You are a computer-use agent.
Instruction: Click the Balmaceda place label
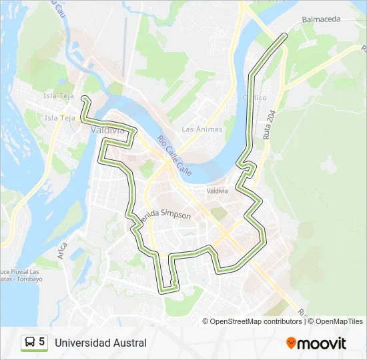click(x=322, y=19)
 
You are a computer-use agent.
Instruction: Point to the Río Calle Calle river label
click(x=175, y=156)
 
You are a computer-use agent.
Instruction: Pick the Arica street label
click(x=63, y=251)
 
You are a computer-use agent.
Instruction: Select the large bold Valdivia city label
click(x=107, y=131)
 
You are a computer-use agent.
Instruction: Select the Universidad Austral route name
click(x=101, y=343)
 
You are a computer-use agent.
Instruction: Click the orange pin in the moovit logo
click(x=291, y=343)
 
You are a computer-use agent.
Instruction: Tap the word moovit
click(x=322, y=343)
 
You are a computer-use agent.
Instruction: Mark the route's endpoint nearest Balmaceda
click(x=286, y=34)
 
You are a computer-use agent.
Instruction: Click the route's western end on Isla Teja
click(x=84, y=99)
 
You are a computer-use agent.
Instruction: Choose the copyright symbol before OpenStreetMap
click(x=206, y=321)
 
